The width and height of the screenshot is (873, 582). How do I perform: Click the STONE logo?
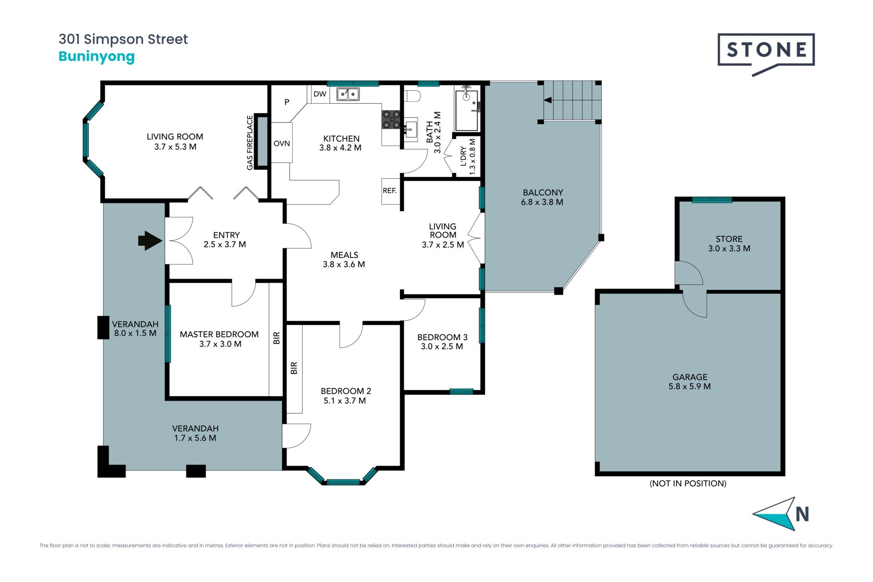click(766, 54)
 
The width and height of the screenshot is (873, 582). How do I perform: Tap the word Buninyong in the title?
click(97, 57)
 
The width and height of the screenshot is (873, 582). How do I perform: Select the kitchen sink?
click(348, 94)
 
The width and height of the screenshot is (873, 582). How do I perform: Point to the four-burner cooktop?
click(391, 120)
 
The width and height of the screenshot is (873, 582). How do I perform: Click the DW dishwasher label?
click(320, 94)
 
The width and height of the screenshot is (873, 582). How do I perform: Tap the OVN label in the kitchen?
click(281, 144)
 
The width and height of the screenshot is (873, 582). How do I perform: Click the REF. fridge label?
click(390, 191)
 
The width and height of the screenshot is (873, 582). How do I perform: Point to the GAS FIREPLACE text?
click(250, 143)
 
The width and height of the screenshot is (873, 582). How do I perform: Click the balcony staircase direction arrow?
click(548, 100)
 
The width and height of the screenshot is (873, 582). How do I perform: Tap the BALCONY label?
click(542, 192)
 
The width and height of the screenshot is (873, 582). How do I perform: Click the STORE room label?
click(729, 239)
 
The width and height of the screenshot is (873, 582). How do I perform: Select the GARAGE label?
click(690, 377)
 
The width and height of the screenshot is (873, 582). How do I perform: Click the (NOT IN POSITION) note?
click(688, 483)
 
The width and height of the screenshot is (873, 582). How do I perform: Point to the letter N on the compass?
click(802, 514)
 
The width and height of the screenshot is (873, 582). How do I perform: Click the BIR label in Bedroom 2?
click(294, 368)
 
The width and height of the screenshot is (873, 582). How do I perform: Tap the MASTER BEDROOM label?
click(219, 334)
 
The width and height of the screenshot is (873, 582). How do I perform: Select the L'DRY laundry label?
click(463, 156)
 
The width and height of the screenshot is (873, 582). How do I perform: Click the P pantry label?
click(287, 102)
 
